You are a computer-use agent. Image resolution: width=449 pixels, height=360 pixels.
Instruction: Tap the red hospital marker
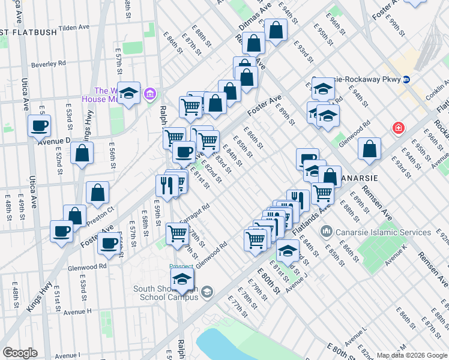(x=398, y=128)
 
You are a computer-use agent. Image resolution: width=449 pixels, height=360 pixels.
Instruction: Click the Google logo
(x=20, y=353)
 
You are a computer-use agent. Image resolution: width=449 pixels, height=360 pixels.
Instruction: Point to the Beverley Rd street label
(x=49, y=63)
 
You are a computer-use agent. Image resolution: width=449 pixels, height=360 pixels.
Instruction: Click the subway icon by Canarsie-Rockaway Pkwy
(x=406, y=79)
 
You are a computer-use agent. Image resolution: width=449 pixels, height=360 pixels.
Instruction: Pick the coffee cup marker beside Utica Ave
(x=39, y=126)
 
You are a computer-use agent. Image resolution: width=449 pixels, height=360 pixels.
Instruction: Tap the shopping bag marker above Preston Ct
(x=97, y=193)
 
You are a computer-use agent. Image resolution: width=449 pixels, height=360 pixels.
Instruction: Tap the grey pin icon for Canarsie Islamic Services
(x=327, y=230)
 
